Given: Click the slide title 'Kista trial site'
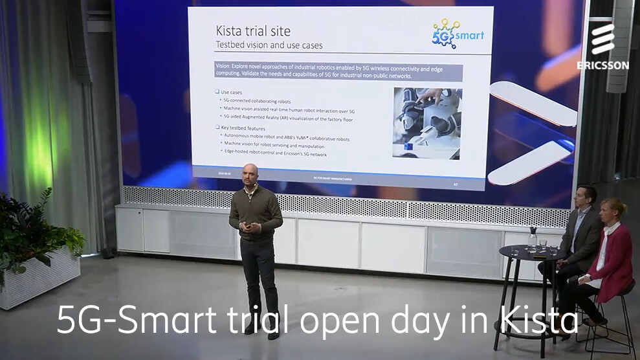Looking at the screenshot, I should tap(252, 31).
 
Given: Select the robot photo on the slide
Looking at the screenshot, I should tap(426, 123).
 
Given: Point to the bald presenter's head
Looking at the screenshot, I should tap(250, 174).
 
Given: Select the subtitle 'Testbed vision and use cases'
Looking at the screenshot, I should tap(269, 45).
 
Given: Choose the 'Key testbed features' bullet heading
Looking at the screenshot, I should tap(243, 129).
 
